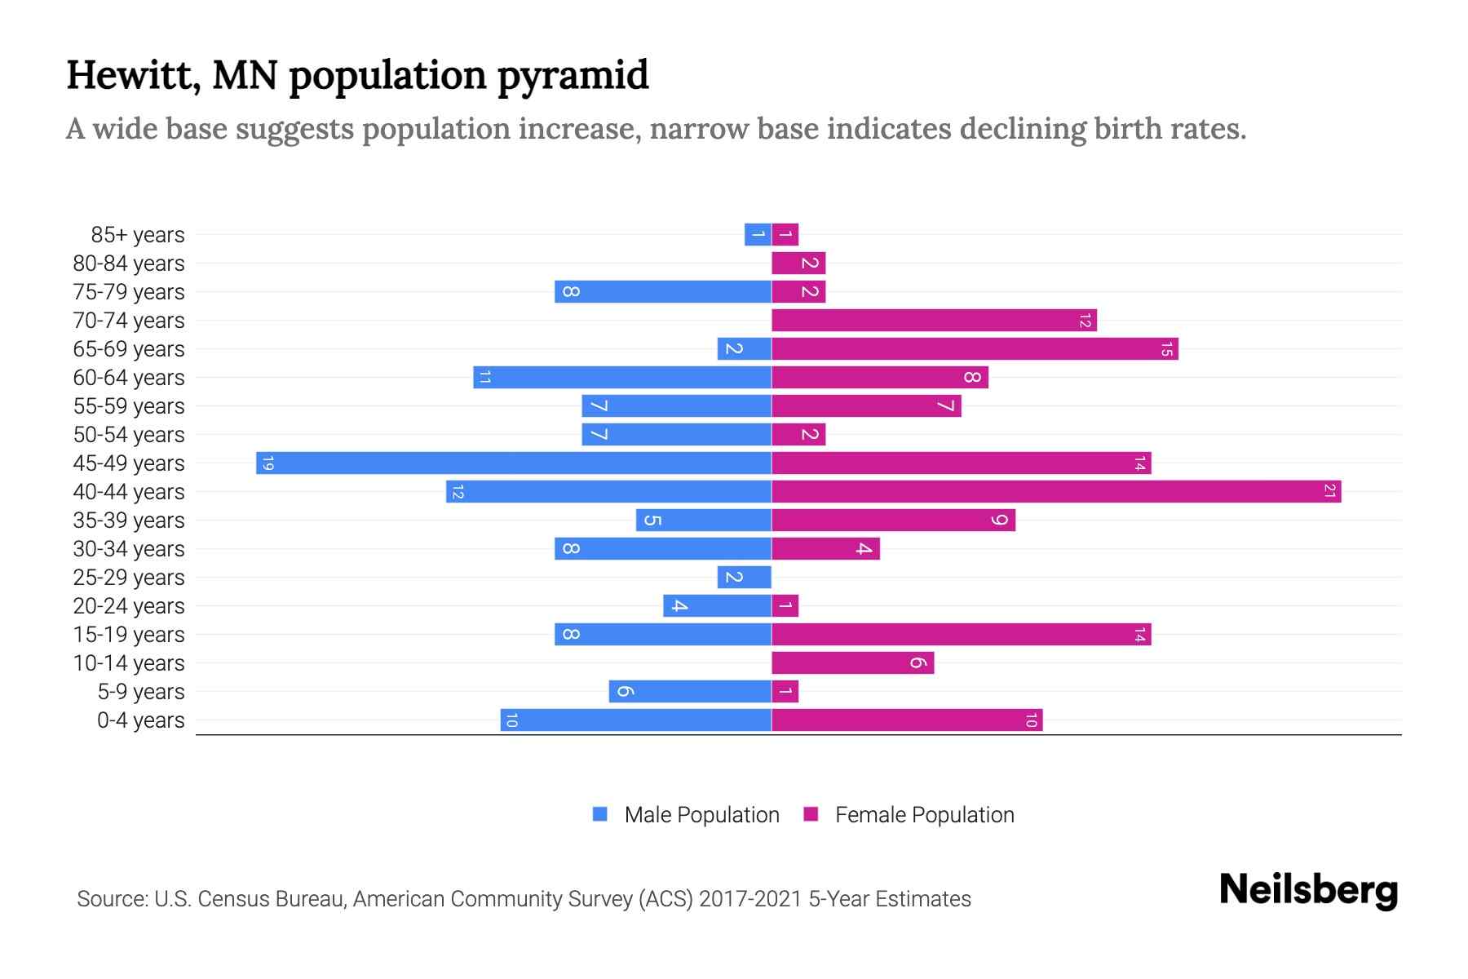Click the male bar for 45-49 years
click(514, 463)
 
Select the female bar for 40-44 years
click(1056, 491)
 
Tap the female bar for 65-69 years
click(975, 348)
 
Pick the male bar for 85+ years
click(758, 234)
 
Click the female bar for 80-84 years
click(798, 263)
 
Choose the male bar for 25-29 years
click(744, 577)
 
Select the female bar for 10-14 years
click(852, 662)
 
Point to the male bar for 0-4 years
click(636, 720)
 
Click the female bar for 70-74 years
click(934, 320)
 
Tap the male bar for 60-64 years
click(622, 377)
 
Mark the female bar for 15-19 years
click(961, 634)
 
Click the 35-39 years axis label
click(129, 521)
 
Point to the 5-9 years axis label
click(141, 692)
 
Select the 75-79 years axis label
click(129, 292)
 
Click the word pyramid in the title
click(573, 75)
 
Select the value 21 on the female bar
click(1329, 491)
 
